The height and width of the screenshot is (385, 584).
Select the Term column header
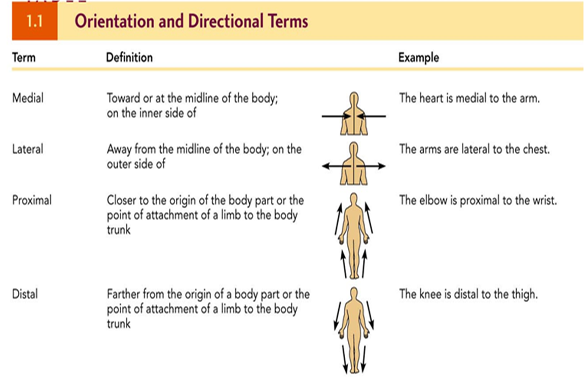(24, 57)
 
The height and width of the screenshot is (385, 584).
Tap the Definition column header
(129, 57)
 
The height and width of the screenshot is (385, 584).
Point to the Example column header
(419, 57)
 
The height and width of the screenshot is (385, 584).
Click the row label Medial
(27, 97)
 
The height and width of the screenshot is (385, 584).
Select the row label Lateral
(27, 149)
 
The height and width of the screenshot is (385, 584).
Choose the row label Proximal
(32, 200)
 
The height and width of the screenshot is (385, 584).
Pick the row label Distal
(25, 294)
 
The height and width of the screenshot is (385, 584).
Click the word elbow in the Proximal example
(432, 200)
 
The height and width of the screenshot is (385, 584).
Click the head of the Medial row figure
(354, 97)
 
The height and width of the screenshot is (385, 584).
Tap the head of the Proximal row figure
(354, 198)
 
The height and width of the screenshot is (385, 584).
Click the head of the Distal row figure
(354, 293)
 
